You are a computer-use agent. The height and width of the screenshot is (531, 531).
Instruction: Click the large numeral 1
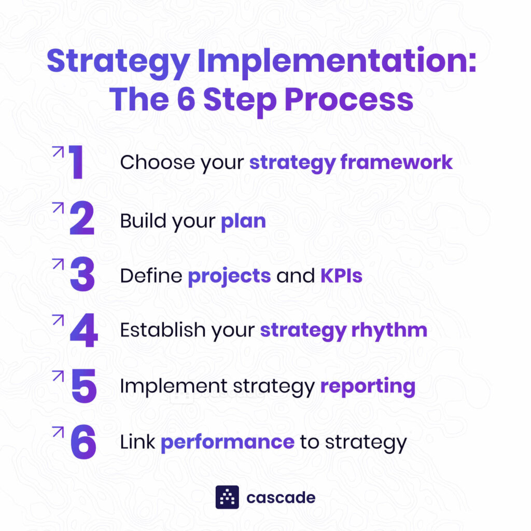click(77, 163)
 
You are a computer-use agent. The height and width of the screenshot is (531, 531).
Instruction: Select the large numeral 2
click(82, 219)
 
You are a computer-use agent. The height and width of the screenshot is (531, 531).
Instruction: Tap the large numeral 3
click(82, 275)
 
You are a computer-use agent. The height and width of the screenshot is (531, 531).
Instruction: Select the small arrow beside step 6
click(58, 432)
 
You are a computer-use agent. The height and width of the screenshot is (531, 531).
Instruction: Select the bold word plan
click(243, 221)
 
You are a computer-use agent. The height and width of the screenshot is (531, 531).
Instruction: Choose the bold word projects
click(229, 276)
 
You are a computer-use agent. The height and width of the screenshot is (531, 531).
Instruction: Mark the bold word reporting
click(368, 387)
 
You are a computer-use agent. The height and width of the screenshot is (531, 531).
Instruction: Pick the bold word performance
click(228, 442)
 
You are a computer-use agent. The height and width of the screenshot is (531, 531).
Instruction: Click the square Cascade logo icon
click(227, 497)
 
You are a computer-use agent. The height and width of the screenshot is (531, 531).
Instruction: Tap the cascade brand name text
click(281, 498)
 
